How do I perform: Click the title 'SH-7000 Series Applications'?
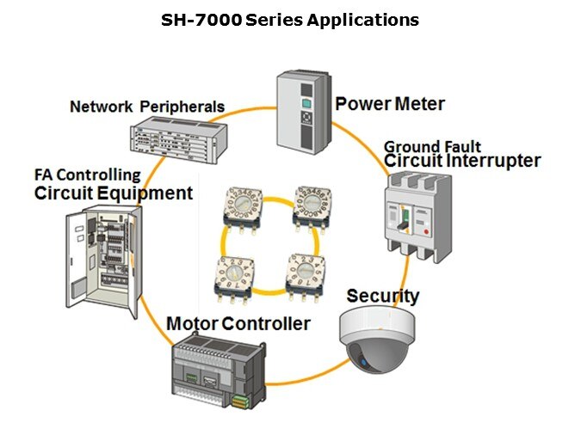290,20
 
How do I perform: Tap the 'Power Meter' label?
390,104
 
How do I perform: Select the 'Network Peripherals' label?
147,107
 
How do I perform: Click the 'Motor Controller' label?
238,323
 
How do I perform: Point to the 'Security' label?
383,297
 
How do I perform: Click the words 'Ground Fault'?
432,147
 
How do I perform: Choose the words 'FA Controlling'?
88,175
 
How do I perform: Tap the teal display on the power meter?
306,103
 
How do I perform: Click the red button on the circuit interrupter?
426,232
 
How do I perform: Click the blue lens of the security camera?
363,363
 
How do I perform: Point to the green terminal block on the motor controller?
240,401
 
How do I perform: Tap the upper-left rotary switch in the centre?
243,210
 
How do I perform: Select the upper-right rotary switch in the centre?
312,208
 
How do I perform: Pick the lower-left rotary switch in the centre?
234,279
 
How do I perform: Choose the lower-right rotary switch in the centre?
306,277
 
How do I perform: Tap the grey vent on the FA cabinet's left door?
78,288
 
